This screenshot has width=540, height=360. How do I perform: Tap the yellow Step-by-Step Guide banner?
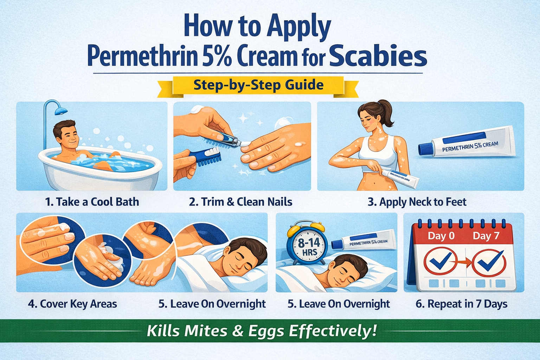(258, 85)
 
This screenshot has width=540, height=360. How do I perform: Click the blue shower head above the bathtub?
(61, 110)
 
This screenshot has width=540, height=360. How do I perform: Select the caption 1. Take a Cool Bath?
(92, 202)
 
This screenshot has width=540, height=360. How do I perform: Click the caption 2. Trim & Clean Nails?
(240, 202)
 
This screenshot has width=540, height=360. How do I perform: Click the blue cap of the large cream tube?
(425, 149)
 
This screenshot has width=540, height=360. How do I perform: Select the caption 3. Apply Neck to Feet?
(417, 202)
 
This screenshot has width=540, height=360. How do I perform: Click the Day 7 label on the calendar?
(486, 236)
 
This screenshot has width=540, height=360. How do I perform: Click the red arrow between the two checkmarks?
(465, 262)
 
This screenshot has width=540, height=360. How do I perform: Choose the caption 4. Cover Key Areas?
(72, 304)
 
